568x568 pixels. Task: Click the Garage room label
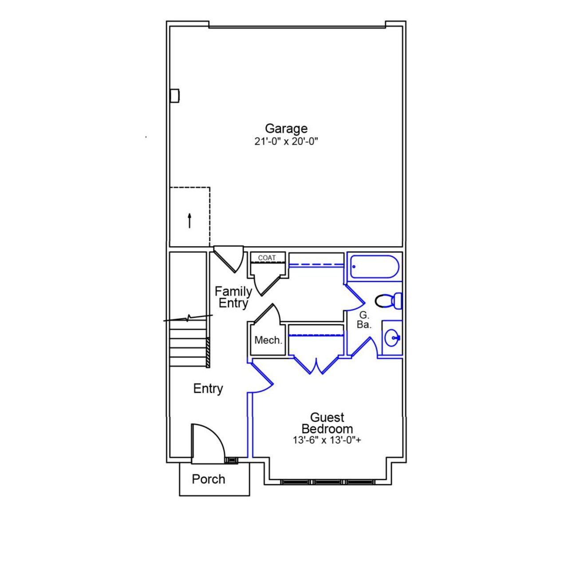click(286, 128)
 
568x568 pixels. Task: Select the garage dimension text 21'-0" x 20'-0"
click(286, 142)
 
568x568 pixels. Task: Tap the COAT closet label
click(267, 258)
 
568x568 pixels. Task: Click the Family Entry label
click(233, 297)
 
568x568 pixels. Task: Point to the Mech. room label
click(268, 340)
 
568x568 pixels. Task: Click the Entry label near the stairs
click(208, 389)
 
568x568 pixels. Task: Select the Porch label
click(208, 479)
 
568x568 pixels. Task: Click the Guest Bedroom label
click(327, 423)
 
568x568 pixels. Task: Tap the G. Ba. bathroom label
click(364, 320)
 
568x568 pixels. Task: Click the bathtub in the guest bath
click(374, 267)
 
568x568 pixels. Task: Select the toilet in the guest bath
click(388, 301)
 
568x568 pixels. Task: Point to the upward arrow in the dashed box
click(189, 221)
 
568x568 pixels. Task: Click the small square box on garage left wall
click(175, 96)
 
